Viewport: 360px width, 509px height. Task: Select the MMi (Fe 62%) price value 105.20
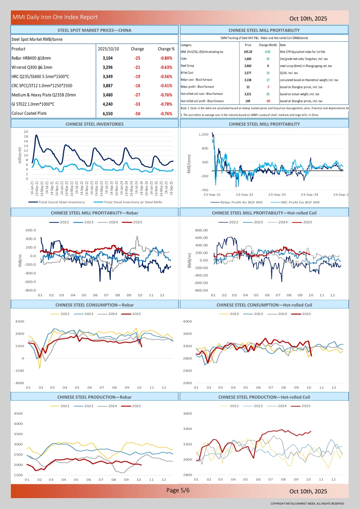[248, 51]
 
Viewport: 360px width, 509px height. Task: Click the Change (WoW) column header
[268, 45]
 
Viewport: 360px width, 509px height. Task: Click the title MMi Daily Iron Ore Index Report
[55, 17]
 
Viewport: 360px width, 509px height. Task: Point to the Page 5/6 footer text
[178, 490]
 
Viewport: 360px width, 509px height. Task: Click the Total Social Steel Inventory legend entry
[61, 202]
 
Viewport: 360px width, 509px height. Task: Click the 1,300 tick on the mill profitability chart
[203, 134]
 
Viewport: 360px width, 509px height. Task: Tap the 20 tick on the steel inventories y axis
[26, 132]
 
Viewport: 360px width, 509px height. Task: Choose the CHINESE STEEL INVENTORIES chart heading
[94, 124]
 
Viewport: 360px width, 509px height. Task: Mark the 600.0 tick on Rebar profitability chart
[31, 230]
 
